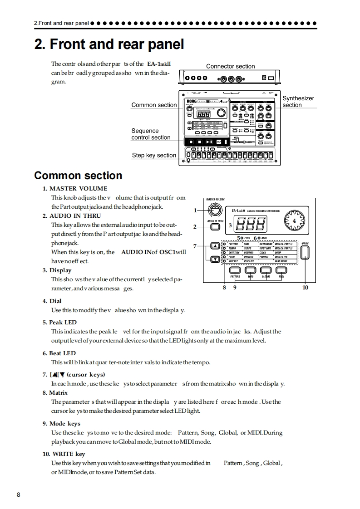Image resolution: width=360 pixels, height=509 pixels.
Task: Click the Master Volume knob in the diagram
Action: [214, 210]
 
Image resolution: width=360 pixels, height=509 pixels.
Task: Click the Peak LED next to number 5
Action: [242, 238]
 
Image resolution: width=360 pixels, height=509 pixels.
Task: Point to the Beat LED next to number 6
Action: [258, 238]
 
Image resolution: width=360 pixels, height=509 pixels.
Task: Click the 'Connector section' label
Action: [231, 66]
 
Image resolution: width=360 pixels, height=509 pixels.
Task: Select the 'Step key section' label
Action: [154, 155]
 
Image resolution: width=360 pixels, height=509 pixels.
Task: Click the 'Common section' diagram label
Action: [154, 105]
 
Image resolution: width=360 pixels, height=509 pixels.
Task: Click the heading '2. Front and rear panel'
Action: [109, 44]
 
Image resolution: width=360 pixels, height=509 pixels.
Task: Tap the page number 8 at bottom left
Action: [19, 494]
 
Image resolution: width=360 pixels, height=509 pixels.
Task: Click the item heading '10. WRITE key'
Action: [64, 454]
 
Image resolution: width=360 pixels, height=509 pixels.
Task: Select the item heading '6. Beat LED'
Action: [59, 353]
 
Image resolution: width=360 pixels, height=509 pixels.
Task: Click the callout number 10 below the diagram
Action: [305, 287]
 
